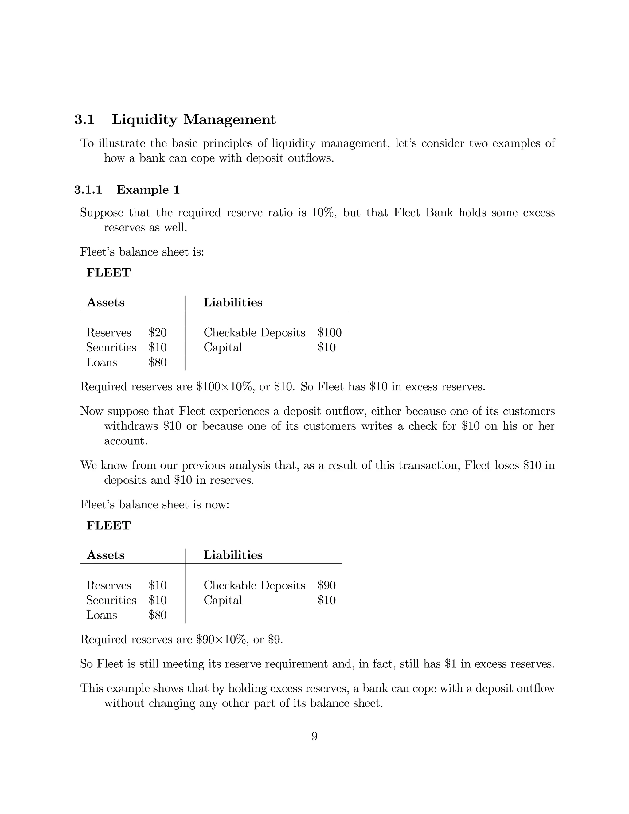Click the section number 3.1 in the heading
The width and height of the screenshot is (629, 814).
coord(84,119)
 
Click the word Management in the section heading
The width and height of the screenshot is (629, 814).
coord(229,119)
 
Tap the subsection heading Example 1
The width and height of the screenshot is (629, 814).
coord(148,190)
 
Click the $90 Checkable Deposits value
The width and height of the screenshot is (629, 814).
coord(326,585)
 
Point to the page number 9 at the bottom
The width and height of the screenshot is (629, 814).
coord(314,737)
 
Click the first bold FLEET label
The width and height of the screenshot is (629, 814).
coord(108,273)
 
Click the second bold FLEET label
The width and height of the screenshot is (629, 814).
coord(108,526)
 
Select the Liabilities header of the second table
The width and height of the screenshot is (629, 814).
coord(233,555)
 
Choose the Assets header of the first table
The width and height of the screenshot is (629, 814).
coord(105,302)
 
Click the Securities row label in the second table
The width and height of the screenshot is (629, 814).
coord(111,600)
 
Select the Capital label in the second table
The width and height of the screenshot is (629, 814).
coord(222,600)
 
